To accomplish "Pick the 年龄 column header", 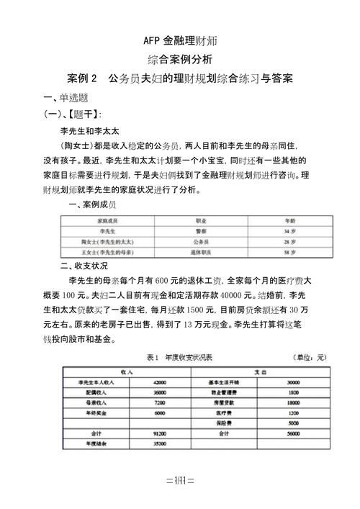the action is click(x=289, y=220).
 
